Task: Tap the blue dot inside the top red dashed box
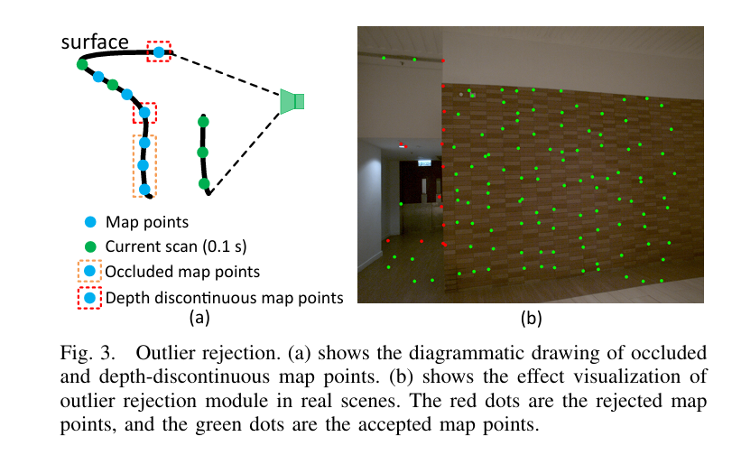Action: click(x=159, y=53)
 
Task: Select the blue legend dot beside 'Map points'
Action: click(x=89, y=221)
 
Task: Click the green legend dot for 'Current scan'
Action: click(x=89, y=246)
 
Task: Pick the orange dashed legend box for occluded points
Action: click(x=89, y=271)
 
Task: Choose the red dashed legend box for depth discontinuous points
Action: click(x=89, y=297)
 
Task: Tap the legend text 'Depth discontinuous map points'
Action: click(x=225, y=297)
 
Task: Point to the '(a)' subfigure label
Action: click(x=199, y=318)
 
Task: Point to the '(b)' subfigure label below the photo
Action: click(x=531, y=318)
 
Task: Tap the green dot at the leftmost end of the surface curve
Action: click(x=81, y=65)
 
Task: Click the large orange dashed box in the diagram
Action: click(x=144, y=165)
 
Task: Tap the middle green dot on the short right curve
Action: click(x=202, y=153)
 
